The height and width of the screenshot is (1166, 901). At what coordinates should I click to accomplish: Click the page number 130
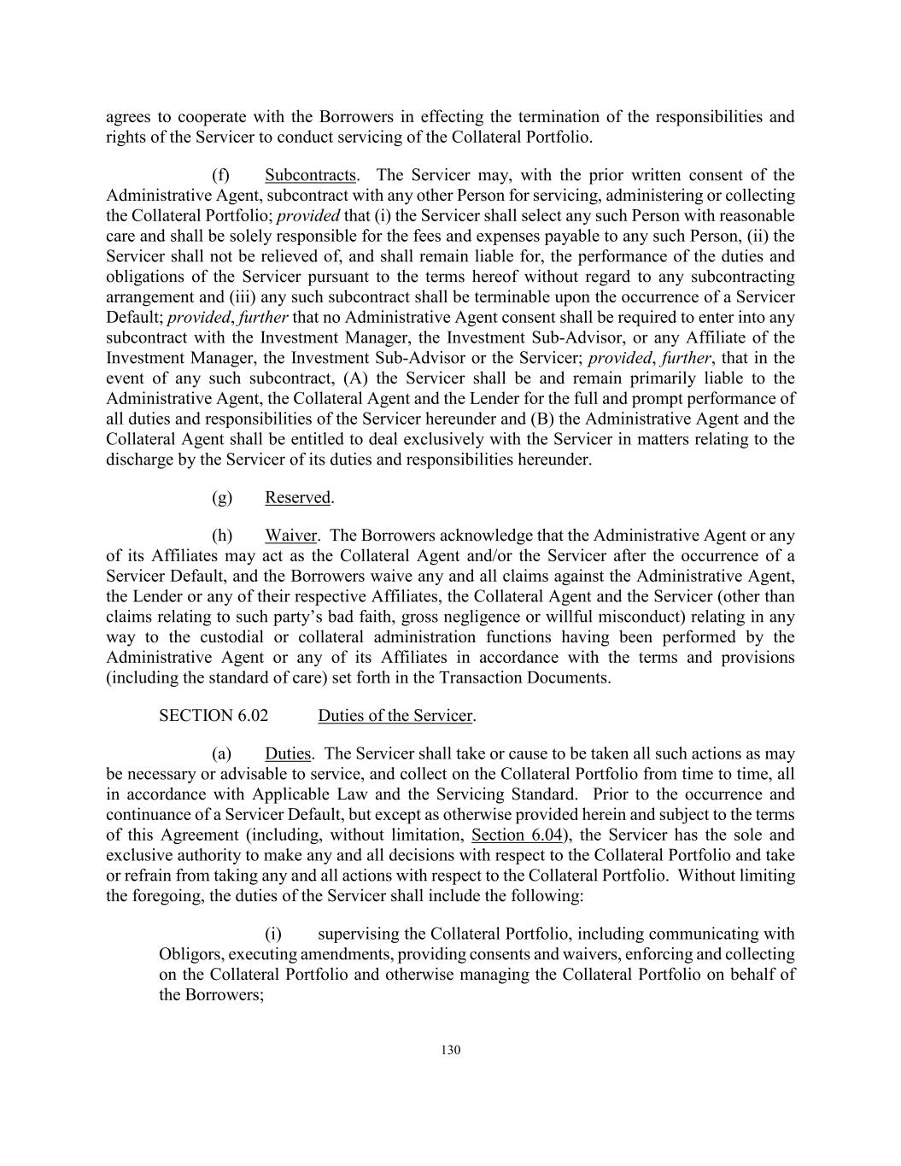451,1050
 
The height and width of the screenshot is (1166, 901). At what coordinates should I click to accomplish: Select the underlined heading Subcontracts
310,175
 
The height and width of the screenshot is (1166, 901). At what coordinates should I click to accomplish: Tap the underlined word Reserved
297,497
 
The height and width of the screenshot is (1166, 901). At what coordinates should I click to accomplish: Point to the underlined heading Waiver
290,536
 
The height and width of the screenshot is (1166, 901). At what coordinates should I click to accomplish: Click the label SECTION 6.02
208,715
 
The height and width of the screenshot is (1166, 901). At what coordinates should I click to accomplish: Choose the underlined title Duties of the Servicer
395,715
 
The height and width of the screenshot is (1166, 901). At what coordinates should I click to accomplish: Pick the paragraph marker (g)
222,497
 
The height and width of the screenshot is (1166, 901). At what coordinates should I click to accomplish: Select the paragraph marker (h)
222,536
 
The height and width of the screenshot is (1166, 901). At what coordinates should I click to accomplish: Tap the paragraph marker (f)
221,175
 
